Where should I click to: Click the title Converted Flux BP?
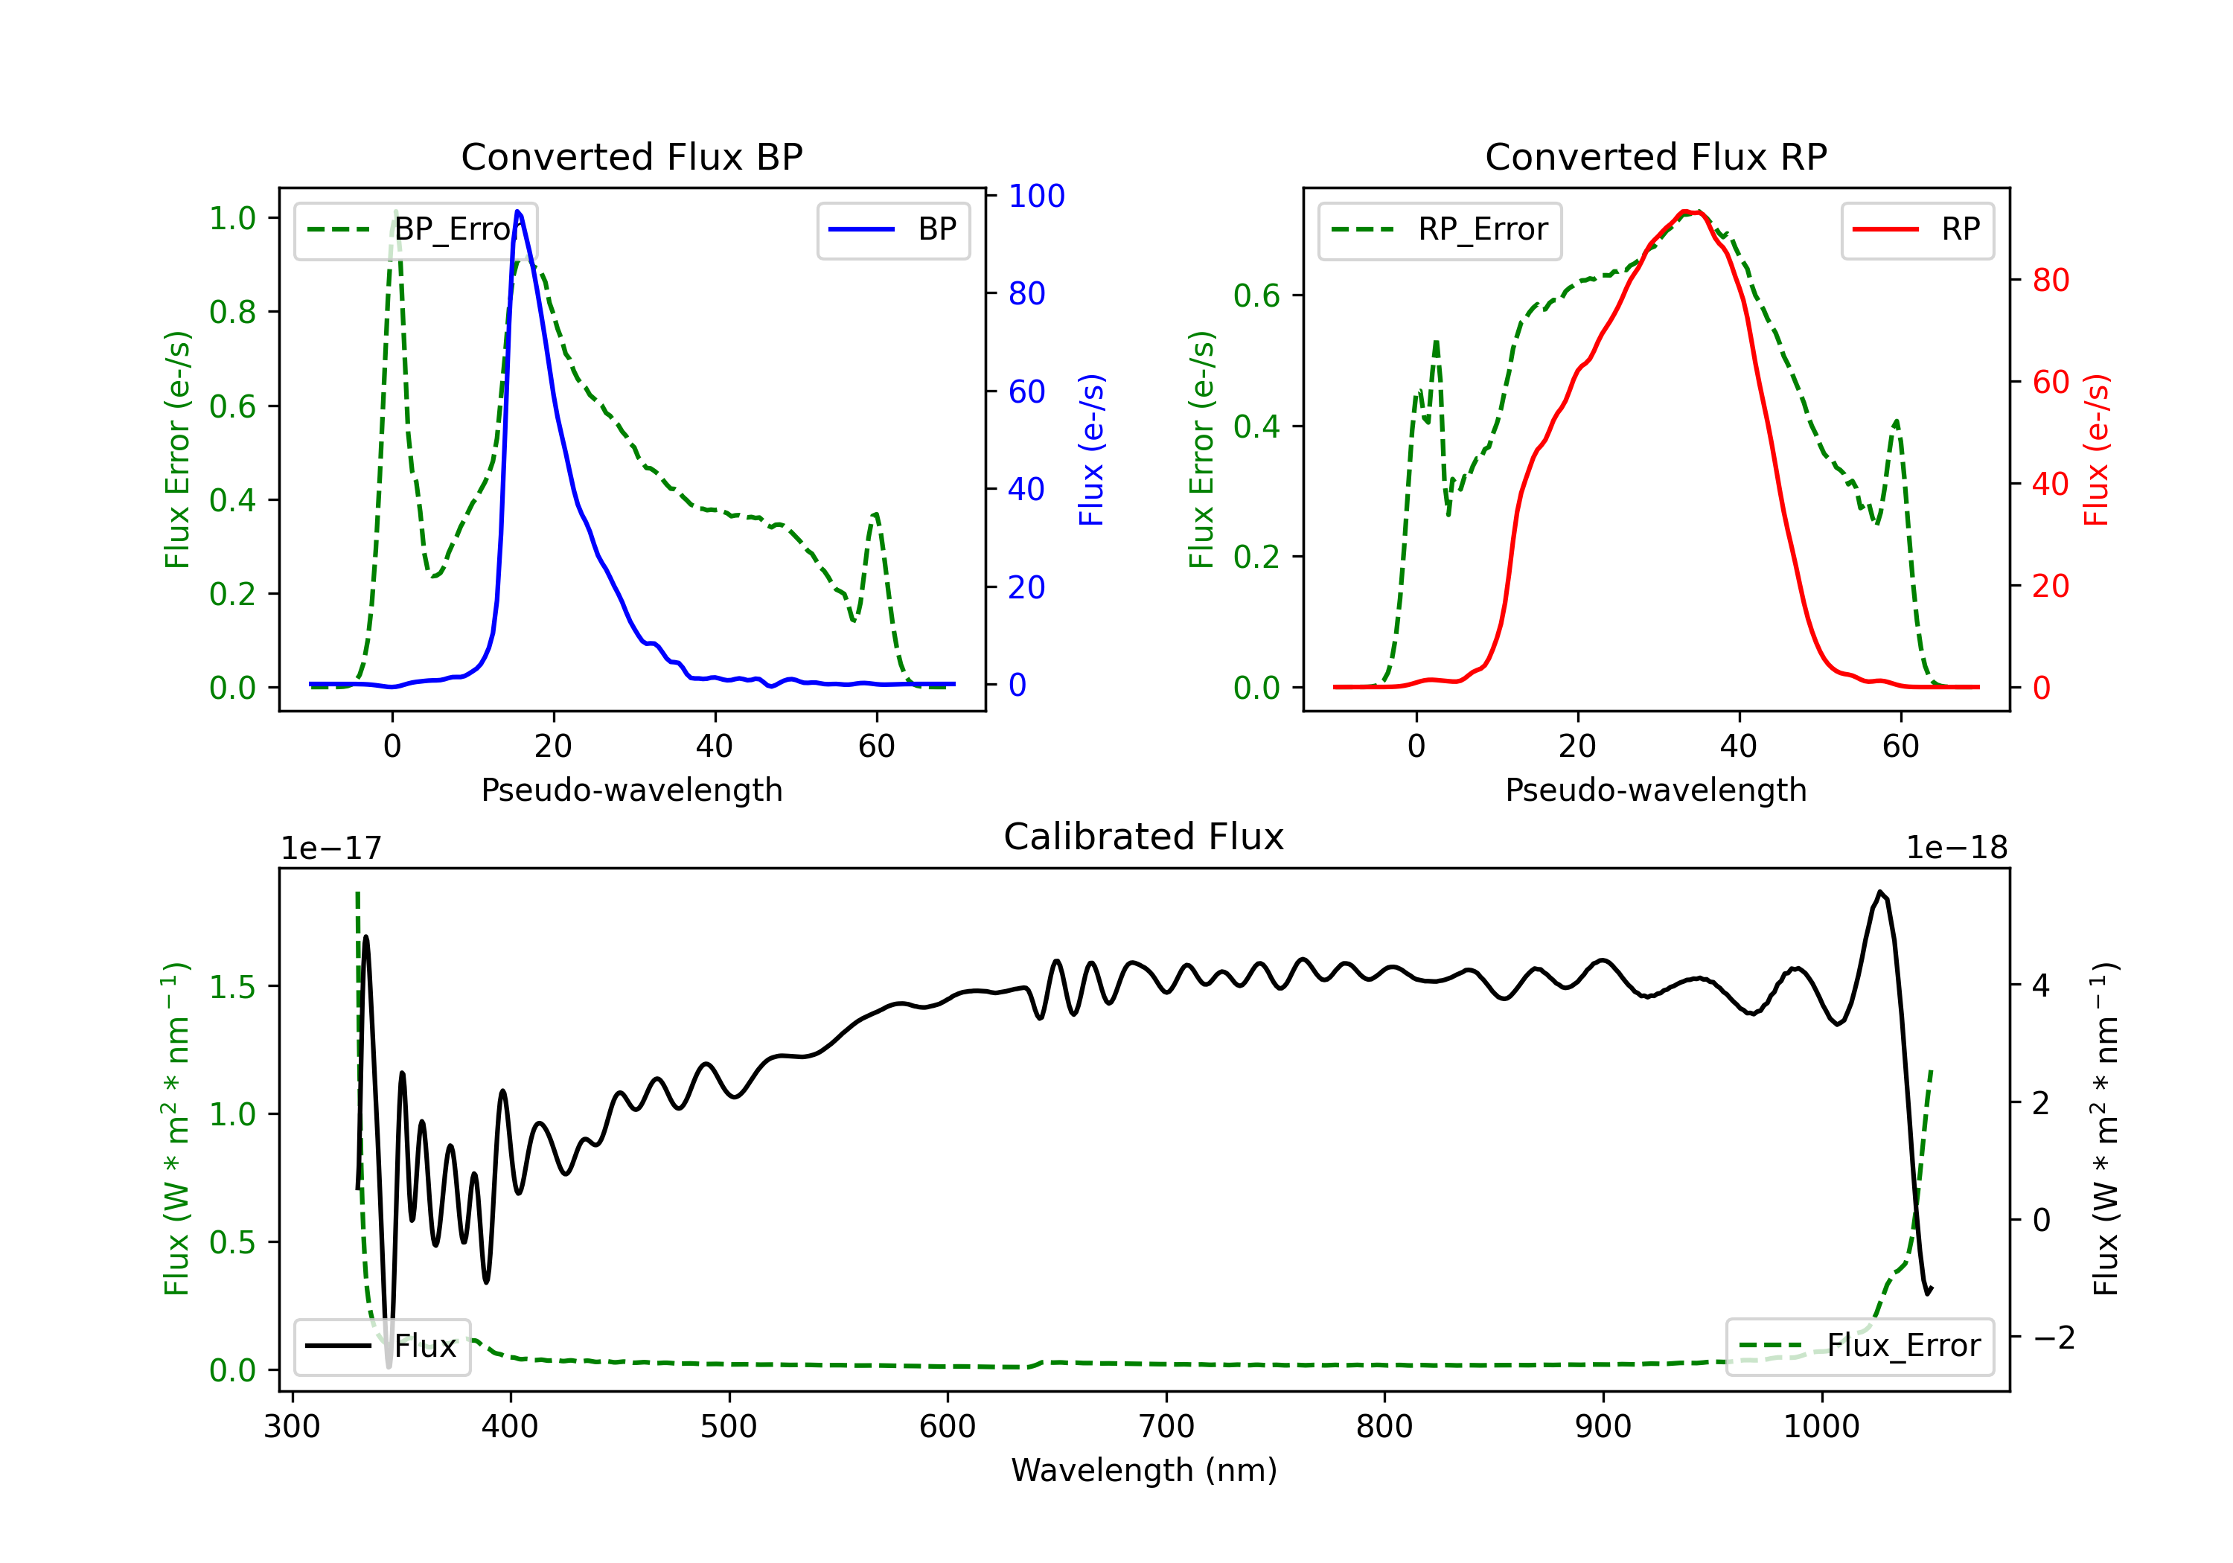pyautogui.click(x=631, y=156)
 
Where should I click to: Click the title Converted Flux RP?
pyautogui.click(x=1655, y=156)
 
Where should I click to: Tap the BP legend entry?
pyautogui.click(x=894, y=229)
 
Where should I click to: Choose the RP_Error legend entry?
pyautogui.click(x=1440, y=229)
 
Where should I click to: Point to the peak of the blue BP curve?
pyautogui.click(x=517, y=211)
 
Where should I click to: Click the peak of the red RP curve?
pyautogui.click(x=1690, y=211)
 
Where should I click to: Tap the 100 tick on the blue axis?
pyautogui.click(x=1036, y=196)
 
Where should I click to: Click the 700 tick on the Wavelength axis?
pyautogui.click(x=1166, y=1427)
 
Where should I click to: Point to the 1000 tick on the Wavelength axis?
pyautogui.click(x=1821, y=1427)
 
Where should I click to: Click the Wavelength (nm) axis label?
pyautogui.click(x=1144, y=1470)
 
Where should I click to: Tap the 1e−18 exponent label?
pyautogui.click(x=1957, y=848)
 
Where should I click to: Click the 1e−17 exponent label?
pyautogui.click(x=332, y=848)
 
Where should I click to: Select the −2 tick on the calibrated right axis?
pyautogui.click(x=2053, y=1337)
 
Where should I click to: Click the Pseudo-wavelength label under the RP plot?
pyautogui.click(x=1655, y=790)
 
